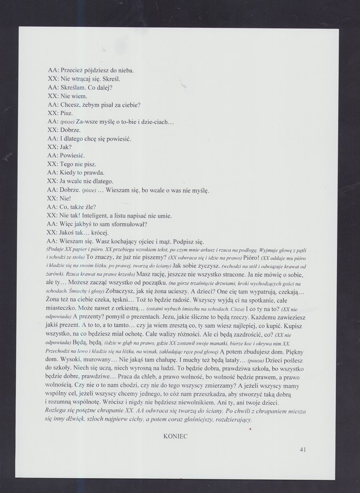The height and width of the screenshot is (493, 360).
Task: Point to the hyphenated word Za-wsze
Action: click(x=89, y=122)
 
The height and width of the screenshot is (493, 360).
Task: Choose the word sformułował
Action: click(x=133, y=223)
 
